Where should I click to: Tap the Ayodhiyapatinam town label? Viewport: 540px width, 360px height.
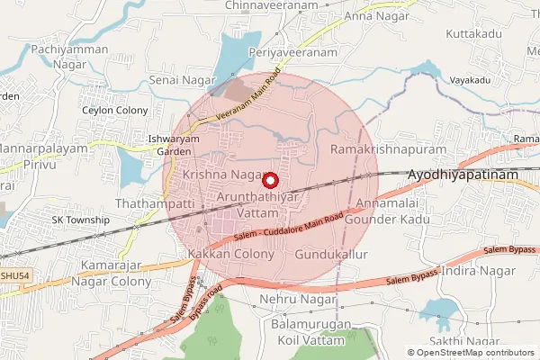tap(465, 177)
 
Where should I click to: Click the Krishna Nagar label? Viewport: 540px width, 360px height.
tap(221, 174)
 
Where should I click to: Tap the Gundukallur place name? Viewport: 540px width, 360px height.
tap(332, 256)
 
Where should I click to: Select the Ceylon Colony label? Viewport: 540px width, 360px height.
tap(116, 111)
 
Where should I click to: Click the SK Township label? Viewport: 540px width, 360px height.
tap(80, 220)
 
